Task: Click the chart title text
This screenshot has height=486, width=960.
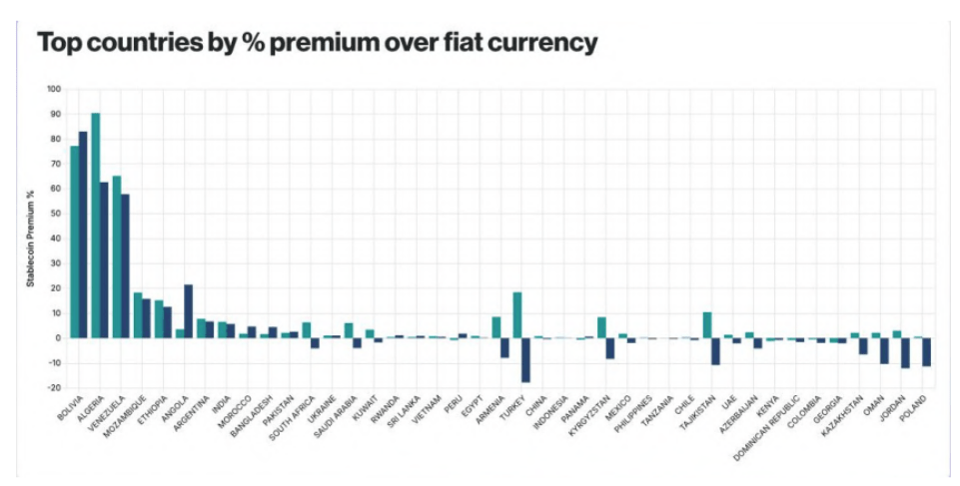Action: coord(317,43)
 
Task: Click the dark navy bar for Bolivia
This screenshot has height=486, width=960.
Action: coord(83,235)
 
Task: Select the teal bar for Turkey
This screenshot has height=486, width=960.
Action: coord(517,314)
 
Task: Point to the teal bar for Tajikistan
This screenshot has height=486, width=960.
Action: coord(706,324)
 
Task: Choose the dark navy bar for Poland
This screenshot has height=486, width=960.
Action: coord(926,351)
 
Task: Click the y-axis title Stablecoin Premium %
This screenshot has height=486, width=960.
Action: coord(30,238)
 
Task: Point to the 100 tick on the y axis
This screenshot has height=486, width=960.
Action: coord(54,89)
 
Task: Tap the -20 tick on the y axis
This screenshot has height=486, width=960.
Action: coord(54,387)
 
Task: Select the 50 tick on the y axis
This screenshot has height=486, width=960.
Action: coord(56,214)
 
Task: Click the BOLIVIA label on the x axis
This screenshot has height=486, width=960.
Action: coord(71,409)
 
